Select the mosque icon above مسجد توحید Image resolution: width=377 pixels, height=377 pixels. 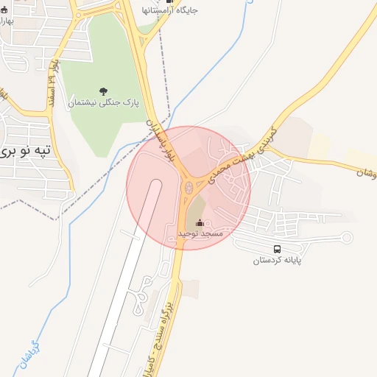[200, 222]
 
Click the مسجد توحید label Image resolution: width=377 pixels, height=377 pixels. [200, 234]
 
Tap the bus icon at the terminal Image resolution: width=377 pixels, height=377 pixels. [278, 249]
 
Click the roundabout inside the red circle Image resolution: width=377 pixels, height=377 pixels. [189, 188]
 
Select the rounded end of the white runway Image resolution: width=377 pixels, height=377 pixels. [155, 184]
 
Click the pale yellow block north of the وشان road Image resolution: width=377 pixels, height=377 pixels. [319, 145]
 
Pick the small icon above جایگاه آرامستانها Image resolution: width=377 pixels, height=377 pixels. [169, 1]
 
